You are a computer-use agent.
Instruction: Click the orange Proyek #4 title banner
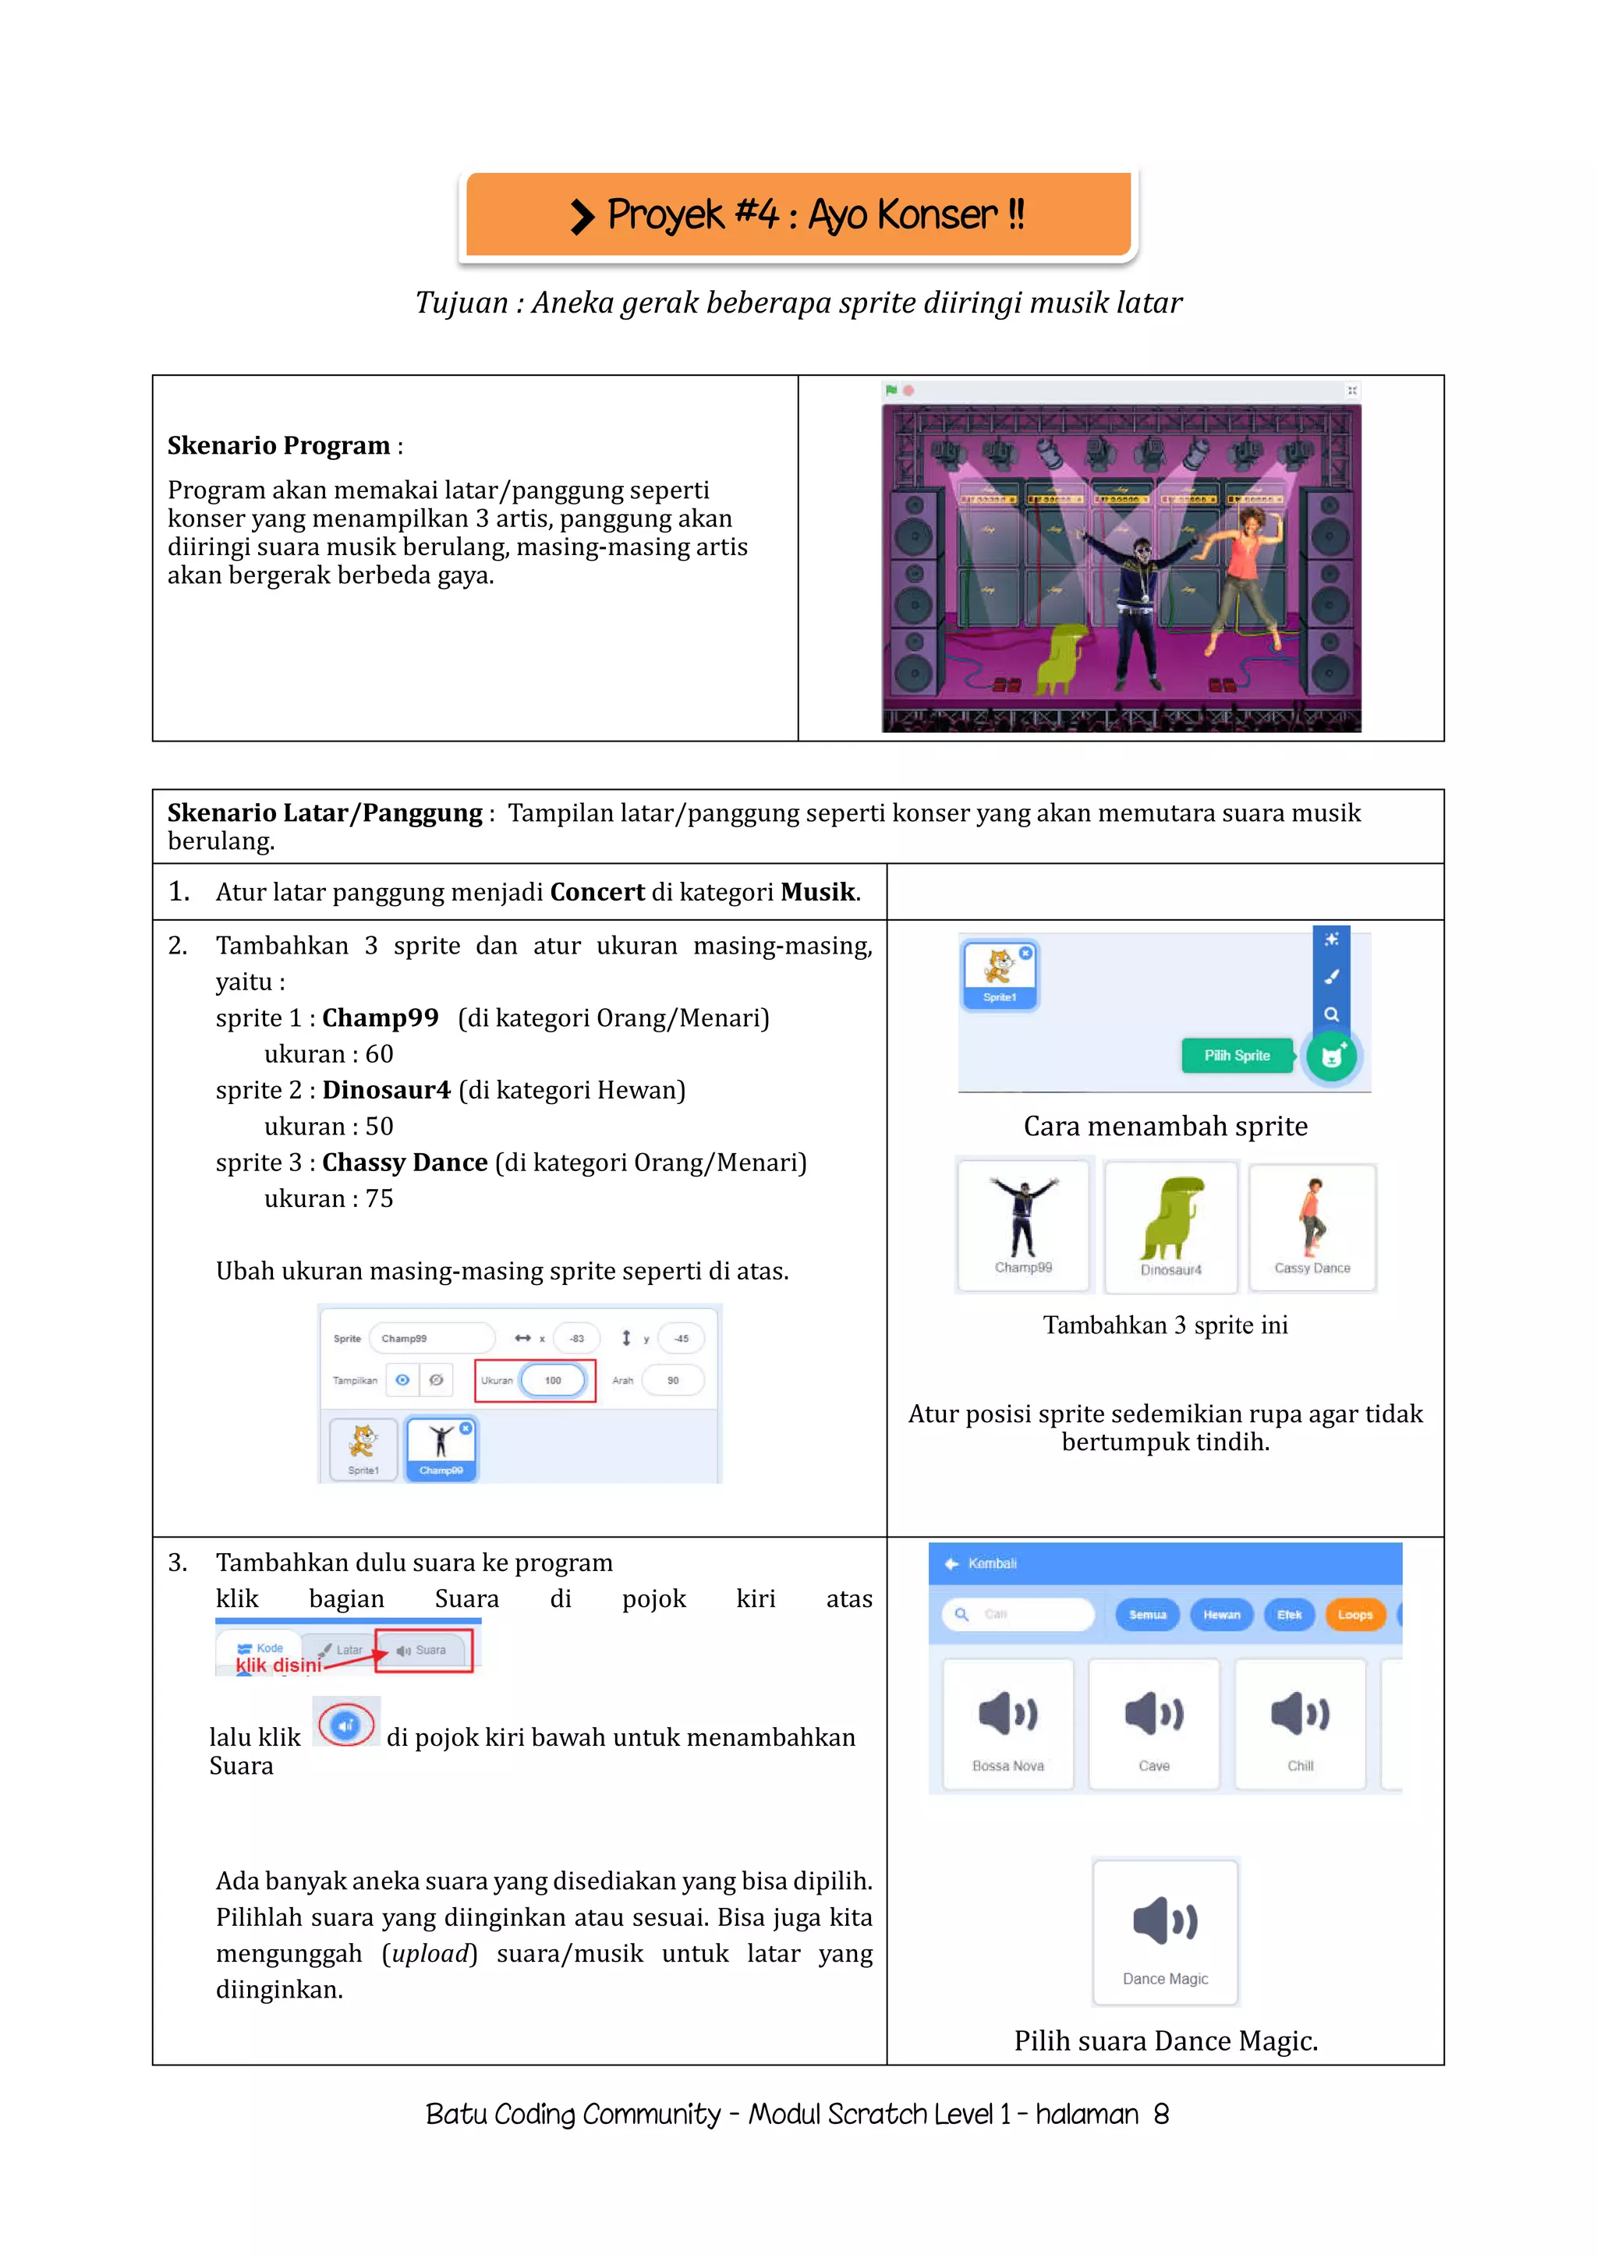pyautogui.click(x=798, y=214)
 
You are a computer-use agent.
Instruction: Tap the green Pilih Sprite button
pyautogui.click(x=1236, y=1055)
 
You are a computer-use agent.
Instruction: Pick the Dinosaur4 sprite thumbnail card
pyautogui.click(x=1170, y=1226)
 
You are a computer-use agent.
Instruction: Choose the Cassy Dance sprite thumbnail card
pyautogui.click(x=1312, y=1226)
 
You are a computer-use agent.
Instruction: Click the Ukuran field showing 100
pyautogui.click(x=553, y=1380)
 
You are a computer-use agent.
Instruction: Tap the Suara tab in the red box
pyautogui.click(x=424, y=1651)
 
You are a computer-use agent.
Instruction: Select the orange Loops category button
pyautogui.click(x=1354, y=1614)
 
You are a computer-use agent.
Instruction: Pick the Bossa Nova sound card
pyautogui.click(x=1008, y=1724)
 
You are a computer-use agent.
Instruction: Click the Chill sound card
pyautogui.click(x=1300, y=1724)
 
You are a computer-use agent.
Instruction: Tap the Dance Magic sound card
pyautogui.click(x=1165, y=1933)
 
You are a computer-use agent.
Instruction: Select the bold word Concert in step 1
pyautogui.click(x=597, y=892)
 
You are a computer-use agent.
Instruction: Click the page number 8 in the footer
pyautogui.click(x=1161, y=2115)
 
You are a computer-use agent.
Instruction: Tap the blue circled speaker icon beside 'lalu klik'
pyautogui.click(x=346, y=1725)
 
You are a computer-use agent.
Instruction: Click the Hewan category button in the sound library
pyautogui.click(x=1221, y=1614)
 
